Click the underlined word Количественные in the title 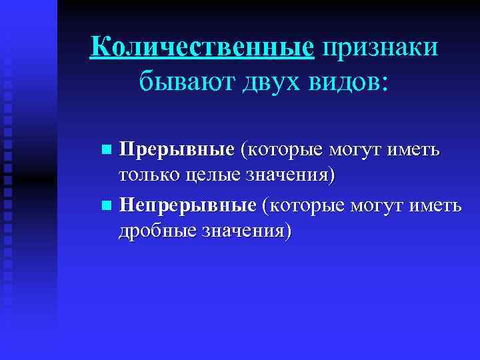pyautogui.click(x=202, y=48)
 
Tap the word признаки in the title pyautogui.click(x=379, y=48)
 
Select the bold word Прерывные pyautogui.click(x=177, y=149)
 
